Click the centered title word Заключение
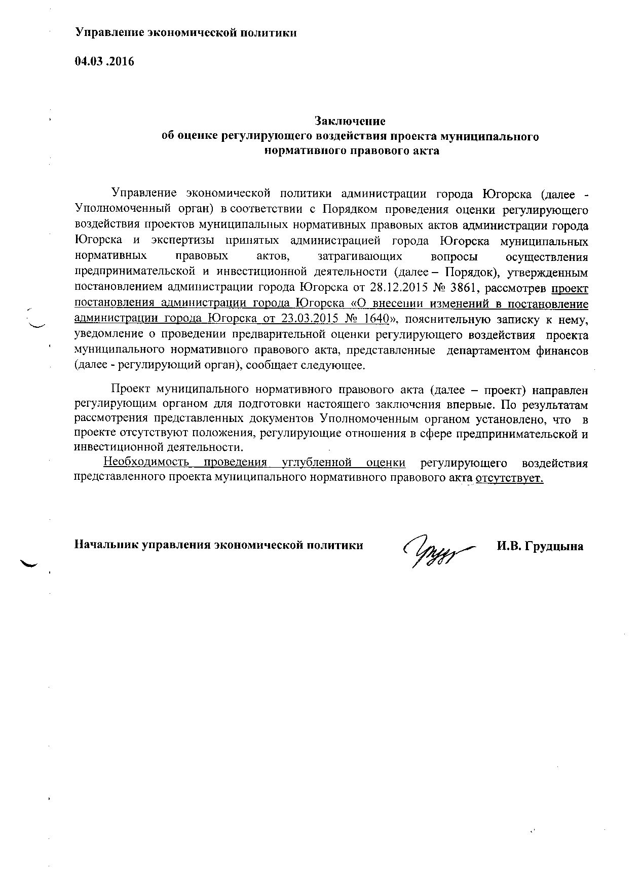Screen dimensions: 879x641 (350, 121)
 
